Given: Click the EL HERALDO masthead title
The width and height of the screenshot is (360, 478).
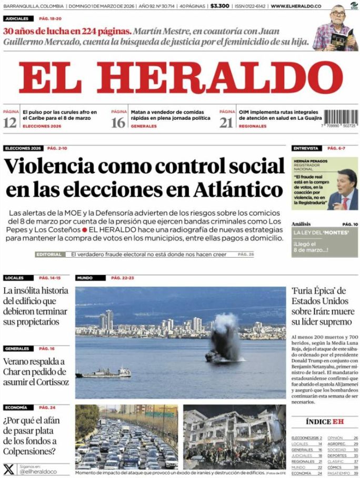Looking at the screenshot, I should click(181, 78).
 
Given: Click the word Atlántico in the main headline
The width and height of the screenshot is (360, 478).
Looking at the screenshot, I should click(238, 189).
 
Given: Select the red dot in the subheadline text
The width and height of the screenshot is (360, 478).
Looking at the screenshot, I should click(84, 230).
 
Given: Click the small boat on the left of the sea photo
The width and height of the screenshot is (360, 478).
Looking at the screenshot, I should click(103, 373).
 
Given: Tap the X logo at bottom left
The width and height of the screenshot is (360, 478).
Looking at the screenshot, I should click(9, 469).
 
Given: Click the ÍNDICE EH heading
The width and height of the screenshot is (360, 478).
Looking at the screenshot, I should click(325, 422).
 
